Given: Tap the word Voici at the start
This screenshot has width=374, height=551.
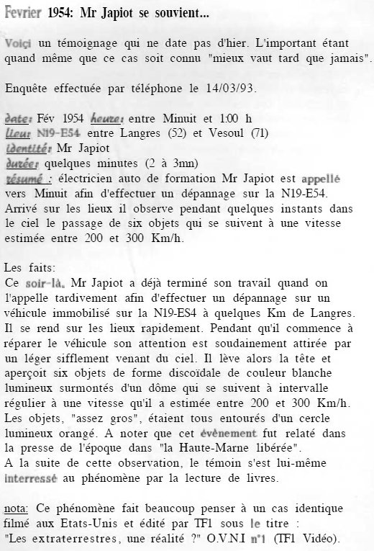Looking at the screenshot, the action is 19,44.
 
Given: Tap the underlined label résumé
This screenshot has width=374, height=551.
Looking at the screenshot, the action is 26,178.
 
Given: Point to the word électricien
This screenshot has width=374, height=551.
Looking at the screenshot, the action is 91,178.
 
